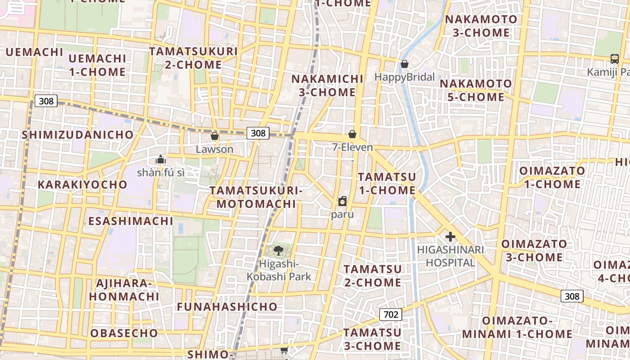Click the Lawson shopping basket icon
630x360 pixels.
tap(215, 136)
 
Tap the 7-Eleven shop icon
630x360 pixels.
tap(352, 134)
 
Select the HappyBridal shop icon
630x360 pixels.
tap(405, 64)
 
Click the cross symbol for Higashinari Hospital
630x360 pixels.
tap(450, 237)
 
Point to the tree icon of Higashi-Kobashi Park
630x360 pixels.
tap(279, 251)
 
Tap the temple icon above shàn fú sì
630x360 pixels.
tap(160, 159)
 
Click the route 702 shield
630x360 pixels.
tap(391, 314)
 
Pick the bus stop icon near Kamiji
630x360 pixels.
tap(614, 58)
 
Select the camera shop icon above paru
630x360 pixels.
tap(342, 201)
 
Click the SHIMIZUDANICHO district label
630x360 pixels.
tap(78, 135)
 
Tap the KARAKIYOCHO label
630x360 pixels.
tap(82, 184)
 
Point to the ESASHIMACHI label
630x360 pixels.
tap(130, 221)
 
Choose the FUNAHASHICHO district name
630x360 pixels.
tap(227, 307)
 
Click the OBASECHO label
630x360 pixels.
tap(124, 333)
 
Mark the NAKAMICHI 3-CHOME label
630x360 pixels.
tap(328, 85)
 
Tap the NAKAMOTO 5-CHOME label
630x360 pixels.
tap(476, 90)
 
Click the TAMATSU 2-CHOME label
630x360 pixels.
tap(373, 276)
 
